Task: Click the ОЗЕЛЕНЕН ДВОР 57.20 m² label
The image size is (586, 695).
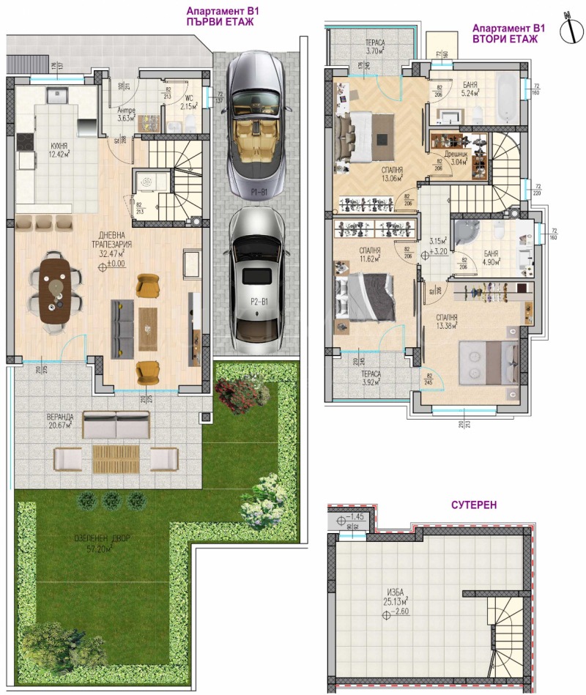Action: (x=102, y=543)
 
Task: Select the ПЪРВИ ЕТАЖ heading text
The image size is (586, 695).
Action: (x=220, y=23)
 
